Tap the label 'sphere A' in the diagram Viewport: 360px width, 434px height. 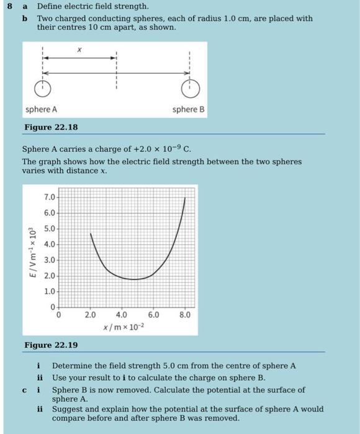coord(42,109)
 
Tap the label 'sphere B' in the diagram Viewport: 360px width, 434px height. coord(189,109)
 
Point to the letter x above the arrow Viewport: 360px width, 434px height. coord(79,48)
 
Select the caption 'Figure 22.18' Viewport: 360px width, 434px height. coord(51,127)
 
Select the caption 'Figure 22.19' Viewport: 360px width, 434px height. coord(51,345)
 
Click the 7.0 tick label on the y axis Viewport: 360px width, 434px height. coord(49,197)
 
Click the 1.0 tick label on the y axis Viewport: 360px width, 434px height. coord(49,291)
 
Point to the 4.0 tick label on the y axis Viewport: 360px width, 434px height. coord(49,244)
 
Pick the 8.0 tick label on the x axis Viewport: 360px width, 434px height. coord(185,314)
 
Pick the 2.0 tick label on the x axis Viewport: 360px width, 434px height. coord(90,314)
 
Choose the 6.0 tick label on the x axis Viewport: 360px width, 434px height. coord(153,314)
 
